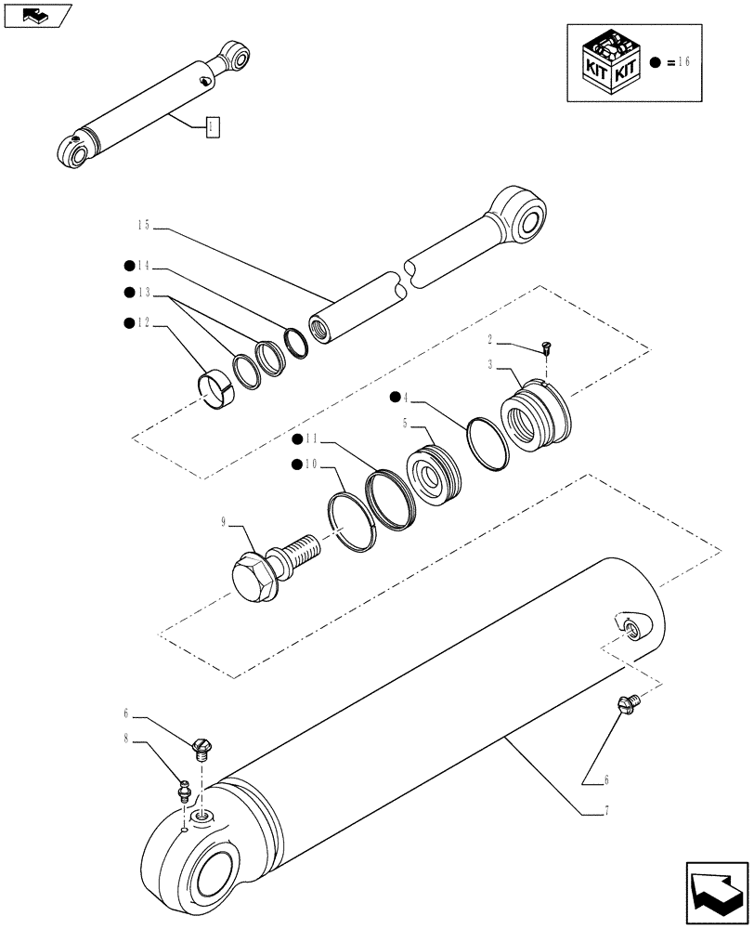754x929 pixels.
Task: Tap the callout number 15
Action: pos(144,225)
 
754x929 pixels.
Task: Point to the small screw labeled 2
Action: pos(545,349)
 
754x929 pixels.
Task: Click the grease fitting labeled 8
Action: pos(184,791)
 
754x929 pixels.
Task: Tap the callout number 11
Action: pos(316,438)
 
